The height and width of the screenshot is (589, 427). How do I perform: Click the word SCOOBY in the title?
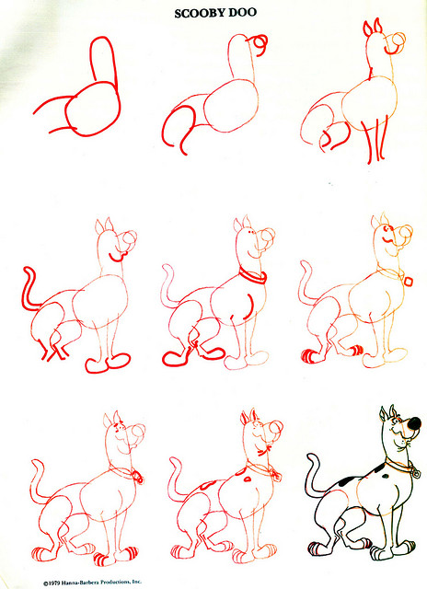(x=198, y=14)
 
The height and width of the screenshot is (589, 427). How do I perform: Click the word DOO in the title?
(x=241, y=14)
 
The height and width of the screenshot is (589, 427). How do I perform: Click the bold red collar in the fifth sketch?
(x=251, y=275)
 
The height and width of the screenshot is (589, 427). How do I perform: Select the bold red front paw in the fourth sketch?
(x=103, y=364)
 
